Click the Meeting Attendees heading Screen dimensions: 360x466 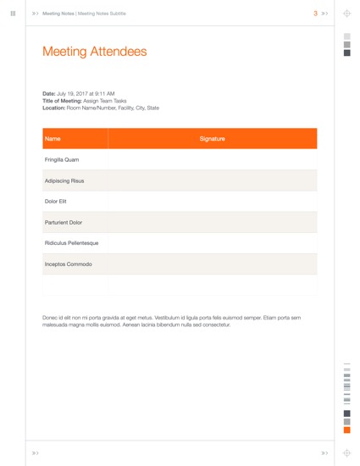94,52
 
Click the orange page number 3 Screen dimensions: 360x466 315,14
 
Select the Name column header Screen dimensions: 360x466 53,138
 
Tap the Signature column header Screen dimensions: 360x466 212,138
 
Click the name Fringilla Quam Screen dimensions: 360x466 62,159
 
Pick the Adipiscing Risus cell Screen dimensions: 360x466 64,180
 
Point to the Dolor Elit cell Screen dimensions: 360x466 56,202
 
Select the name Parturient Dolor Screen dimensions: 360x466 64,222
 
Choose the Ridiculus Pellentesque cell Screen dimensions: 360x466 71,243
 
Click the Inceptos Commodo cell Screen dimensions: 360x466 68,264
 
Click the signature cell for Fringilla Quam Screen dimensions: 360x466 212,159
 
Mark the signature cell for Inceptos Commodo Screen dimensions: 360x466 212,264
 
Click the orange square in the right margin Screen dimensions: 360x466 346,430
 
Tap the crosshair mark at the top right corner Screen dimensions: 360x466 346,14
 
